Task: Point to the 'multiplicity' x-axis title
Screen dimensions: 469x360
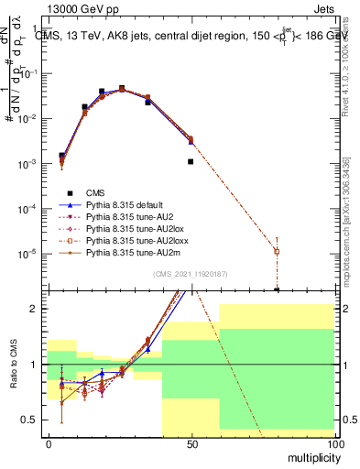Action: tap(308, 455)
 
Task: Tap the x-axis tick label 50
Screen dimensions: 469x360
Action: tap(191, 444)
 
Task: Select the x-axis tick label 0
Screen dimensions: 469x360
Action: tap(48, 444)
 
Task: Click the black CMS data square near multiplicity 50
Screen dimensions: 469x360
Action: tap(191, 161)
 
